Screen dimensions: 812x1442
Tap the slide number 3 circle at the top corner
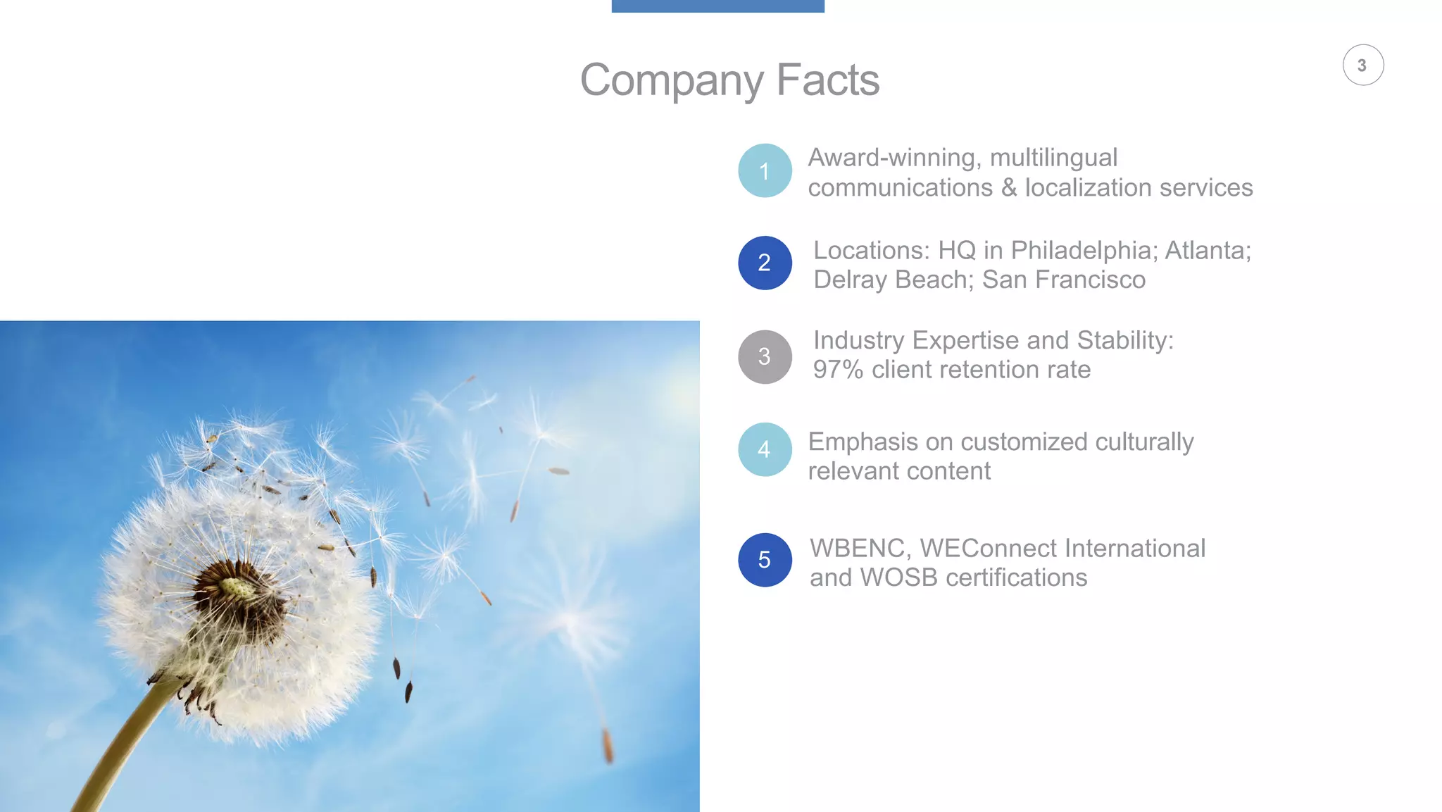(1362, 65)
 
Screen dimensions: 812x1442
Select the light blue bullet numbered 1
(765, 171)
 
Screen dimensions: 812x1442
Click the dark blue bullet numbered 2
(765, 263)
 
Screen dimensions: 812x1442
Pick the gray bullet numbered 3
(765, 357)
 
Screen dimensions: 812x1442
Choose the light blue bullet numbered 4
(765, 449)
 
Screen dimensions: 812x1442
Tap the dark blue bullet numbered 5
(765, 560)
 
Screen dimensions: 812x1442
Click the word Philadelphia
(1084, 251)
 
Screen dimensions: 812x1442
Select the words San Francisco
(1063, 280)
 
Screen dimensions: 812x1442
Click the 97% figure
(838, 370)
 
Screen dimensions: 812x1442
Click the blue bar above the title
(717, 6)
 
